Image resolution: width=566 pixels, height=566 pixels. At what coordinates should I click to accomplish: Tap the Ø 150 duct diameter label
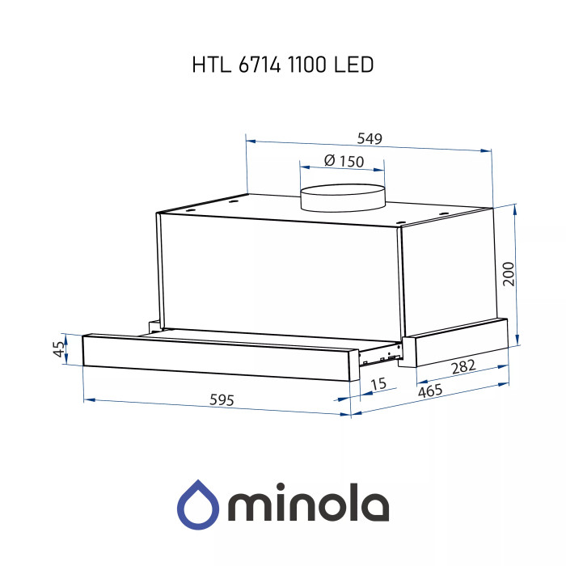[x=343, y=162]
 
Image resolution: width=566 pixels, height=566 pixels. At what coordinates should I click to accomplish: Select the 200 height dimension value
[x=508, y=274]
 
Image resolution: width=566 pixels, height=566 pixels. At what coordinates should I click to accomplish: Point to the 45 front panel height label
[x=57, y=349]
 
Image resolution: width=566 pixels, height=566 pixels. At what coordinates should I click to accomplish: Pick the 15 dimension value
[x=378, y=384]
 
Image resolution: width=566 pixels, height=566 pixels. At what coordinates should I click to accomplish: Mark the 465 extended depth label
[x=434, y=391]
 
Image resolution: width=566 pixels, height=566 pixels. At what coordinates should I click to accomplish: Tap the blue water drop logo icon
[x=197, y=504]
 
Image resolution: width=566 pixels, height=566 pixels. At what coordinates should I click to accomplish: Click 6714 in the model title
[x=259, y=65]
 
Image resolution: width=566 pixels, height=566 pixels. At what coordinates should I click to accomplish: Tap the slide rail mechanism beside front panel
[x=378, y=353]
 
